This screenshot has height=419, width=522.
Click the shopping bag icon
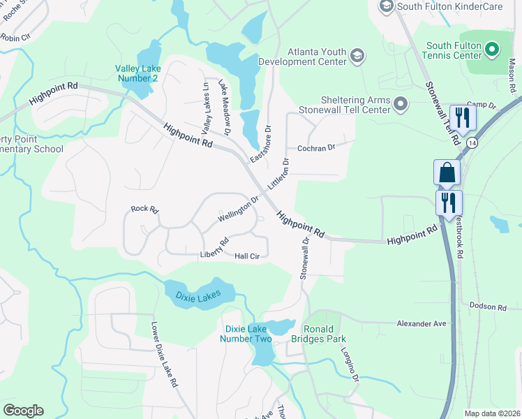coord(447,172)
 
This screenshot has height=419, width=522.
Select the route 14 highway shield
coord(473,142)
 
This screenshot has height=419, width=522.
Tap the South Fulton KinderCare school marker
coord(386,6)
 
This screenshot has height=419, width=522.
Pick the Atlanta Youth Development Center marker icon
coord(357,56)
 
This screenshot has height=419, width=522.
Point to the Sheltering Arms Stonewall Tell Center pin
coord(401,104)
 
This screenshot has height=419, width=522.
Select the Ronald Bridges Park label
coord(324,334)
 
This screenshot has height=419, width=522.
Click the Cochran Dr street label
coord(316,148)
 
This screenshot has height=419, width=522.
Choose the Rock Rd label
coord(145,209)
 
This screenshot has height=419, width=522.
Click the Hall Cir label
coord(247,256)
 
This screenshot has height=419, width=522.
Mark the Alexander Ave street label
coord(421,323)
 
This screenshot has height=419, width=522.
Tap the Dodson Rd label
coord(487,307)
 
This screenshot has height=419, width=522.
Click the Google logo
coord(23,411)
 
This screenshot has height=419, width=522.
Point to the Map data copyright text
coord(492,413)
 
